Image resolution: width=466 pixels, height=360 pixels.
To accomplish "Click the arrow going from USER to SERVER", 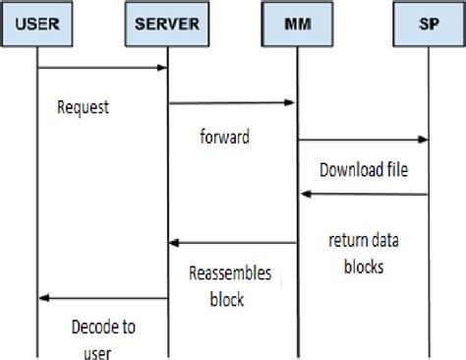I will [102, 68].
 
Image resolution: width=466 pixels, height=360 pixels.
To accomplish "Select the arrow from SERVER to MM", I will [232, 102].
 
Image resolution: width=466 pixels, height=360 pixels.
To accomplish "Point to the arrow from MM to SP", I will [363, 140].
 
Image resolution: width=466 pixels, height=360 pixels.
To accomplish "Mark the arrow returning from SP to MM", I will [363, 195].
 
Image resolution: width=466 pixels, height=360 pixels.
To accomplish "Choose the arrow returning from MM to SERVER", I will [232, 243].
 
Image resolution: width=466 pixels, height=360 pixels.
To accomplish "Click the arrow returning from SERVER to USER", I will [102, 298].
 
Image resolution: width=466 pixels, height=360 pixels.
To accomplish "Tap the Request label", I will [83, 108].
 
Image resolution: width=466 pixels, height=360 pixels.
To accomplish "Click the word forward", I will [224, 138].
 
